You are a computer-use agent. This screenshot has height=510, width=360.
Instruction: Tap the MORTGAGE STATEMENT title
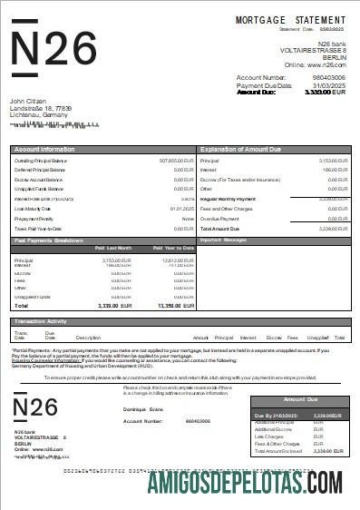point(291,19)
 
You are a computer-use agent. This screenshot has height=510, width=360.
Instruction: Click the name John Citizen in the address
point(29,101)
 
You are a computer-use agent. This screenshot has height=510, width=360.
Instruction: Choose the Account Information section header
point(44,148)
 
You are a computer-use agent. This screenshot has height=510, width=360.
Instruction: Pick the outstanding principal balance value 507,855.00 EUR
point(176,160)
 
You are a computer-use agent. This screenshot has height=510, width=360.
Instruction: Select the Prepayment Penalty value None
point(188,219)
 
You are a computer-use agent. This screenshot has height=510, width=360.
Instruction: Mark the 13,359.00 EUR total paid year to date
point(175,307)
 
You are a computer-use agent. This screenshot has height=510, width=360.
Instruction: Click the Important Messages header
point(224,240)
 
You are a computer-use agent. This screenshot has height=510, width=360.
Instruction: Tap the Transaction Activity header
point(46,321)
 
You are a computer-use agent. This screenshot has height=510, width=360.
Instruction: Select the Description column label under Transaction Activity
point(89,338)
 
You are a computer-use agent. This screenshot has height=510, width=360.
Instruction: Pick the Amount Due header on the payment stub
point(299,400)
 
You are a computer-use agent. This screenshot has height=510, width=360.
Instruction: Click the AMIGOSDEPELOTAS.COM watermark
point(245,483)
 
